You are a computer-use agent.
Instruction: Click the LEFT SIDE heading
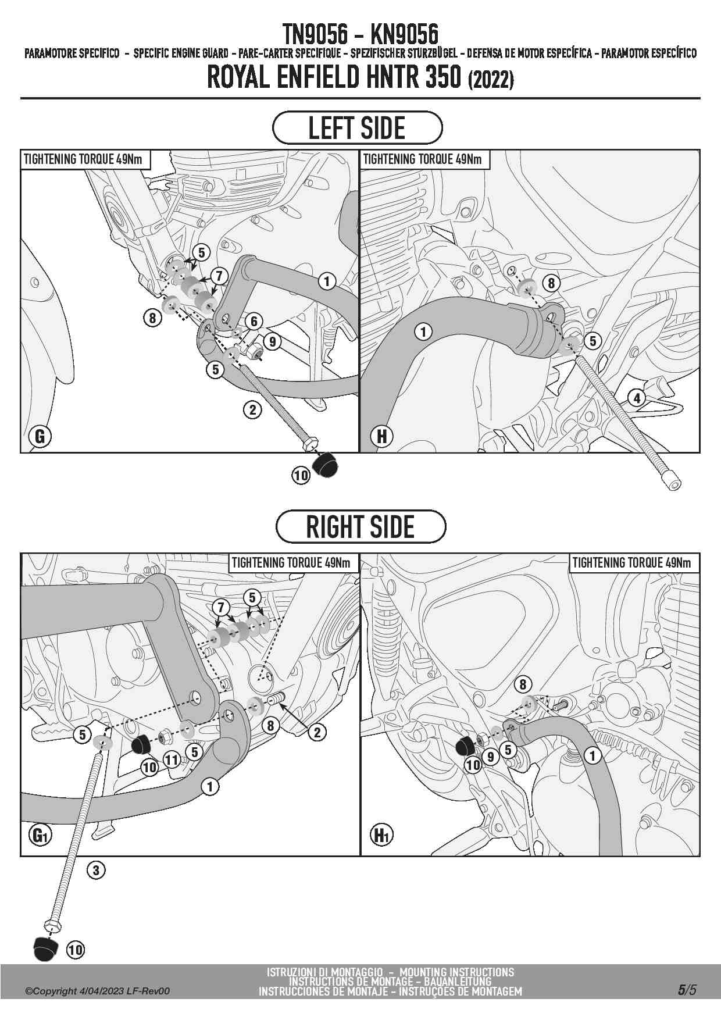[x=357, y=128]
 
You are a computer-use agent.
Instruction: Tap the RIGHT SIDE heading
[x=360, y=527]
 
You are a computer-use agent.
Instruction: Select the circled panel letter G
[x=40, y=436]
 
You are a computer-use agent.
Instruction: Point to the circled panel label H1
[x=381, y=836]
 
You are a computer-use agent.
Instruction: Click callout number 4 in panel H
[x=637, y=398]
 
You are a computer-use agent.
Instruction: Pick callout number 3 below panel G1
[x=97, y=871]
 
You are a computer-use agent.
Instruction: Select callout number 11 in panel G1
[x=172, y=760]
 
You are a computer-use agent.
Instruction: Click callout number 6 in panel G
[x=254, y=320]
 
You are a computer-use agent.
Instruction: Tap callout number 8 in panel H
[x=551, y=283]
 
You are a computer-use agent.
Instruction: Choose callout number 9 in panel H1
[x=491, y=757]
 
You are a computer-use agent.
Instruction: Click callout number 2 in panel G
[x=252, y=410]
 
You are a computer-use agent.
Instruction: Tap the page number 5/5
[x=687, y=990]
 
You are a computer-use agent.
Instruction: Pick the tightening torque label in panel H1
[x=631, y=562]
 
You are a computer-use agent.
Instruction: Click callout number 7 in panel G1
[x=221, y=608]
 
